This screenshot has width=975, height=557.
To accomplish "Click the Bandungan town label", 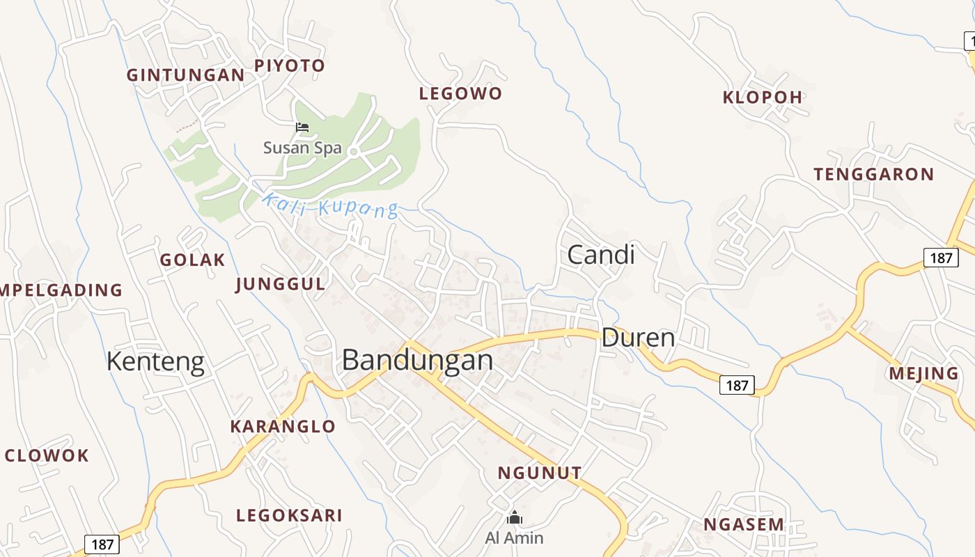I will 417,360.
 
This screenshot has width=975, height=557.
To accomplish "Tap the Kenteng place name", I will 155,362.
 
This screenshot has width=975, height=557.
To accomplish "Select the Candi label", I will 600,255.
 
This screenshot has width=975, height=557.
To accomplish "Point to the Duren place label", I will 638,338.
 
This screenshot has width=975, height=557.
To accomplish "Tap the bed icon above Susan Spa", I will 302,127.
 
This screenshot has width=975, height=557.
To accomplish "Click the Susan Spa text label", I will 302,148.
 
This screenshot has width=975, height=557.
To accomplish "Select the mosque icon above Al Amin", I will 515,517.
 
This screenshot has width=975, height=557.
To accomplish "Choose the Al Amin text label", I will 514,538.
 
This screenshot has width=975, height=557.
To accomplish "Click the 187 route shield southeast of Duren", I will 737,385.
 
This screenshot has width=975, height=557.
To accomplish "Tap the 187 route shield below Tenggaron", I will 941,258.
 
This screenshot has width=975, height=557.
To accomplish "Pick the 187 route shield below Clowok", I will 102,544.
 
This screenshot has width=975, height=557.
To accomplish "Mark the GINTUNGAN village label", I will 185,75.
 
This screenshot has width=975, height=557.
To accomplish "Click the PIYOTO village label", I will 289,66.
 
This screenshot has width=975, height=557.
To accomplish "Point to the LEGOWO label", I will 460,93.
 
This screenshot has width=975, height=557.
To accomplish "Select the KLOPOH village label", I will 763,97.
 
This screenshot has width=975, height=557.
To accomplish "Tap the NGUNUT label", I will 539,473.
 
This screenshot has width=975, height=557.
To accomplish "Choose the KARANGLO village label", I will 283,426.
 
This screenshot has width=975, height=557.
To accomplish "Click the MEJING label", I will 923,374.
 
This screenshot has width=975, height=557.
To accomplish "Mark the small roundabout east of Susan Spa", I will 353,151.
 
